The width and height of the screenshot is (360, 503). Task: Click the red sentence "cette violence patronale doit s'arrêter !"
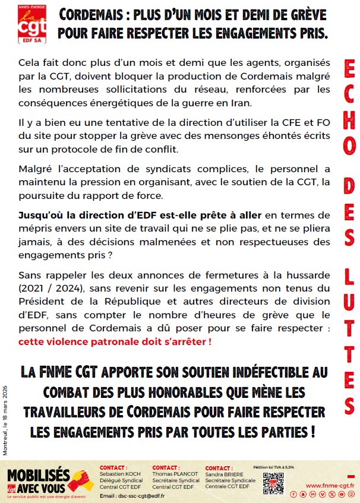[x=115, y=342]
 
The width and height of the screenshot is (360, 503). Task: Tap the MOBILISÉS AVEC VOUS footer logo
[x=50, y=478]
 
